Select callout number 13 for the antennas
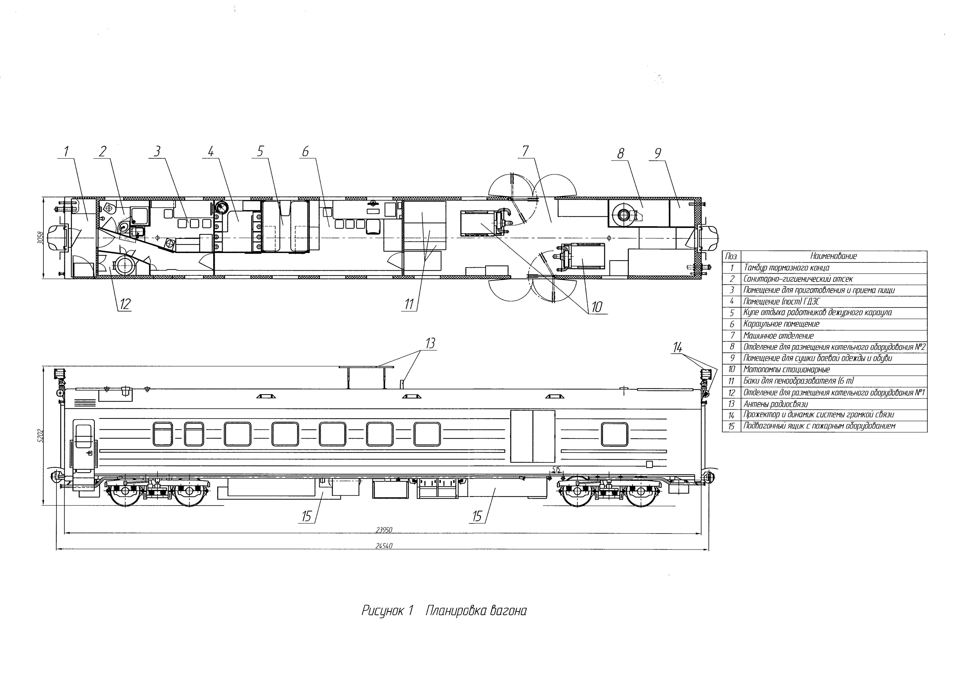point(430,343)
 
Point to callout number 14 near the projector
point(677,347)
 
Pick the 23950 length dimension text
point(384,530)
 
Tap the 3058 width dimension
point(39,238)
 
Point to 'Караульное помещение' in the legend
point(781,324)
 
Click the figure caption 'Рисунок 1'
point(388,611)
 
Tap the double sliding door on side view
point(532,436)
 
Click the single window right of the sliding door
point(614,434)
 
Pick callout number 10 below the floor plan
point(597,307)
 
